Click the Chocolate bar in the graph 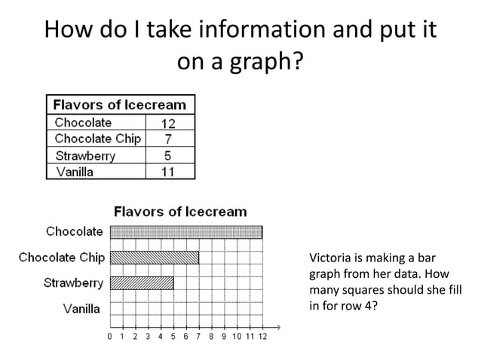(x=186, y=232)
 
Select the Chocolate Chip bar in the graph (x=155, y=258)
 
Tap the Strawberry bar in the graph (x=142, y=283)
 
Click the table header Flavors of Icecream (x=121, y=103)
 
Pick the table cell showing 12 (x=168, y=123)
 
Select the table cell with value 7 (x=168, y=139)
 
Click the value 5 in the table (x=168, y=156)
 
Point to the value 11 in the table (x=168, y=172)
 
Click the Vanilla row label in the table (x=75, y=172)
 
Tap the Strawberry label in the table (x=85, y=156)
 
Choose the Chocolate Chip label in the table (x=97, y=139)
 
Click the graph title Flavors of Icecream (x=179, y=212)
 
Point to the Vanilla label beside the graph (x=81, y=308)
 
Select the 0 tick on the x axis (x=111, y=336)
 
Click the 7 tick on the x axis (x=199, y=336)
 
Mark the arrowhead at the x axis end (x=279, y=326)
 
